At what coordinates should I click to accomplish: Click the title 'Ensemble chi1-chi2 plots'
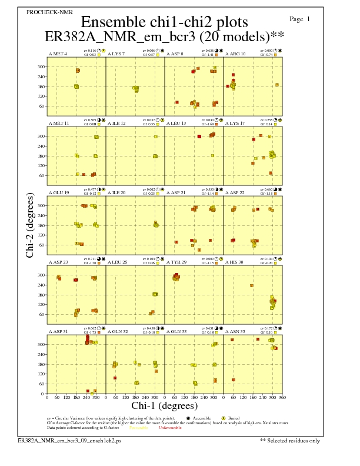click(160, 22)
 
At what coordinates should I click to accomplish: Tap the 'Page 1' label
click(300, 19)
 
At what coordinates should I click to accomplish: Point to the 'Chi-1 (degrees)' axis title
click(164, 405)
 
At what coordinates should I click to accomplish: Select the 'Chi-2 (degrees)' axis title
click(30, 225)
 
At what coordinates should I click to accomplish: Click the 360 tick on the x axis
click(284, 398)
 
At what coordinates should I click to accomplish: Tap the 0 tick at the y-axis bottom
click(42, 394)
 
